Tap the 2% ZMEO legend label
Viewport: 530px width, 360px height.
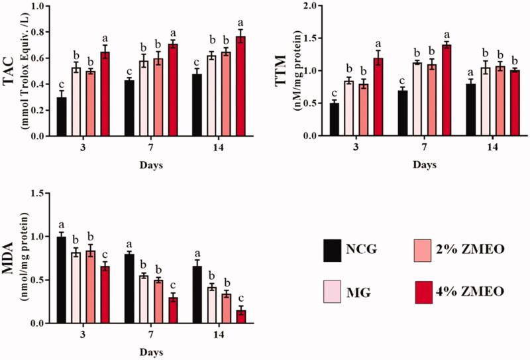[x=476, y=251]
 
